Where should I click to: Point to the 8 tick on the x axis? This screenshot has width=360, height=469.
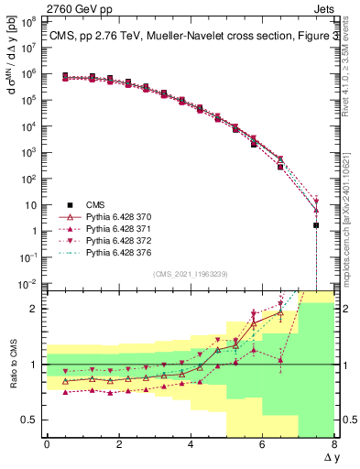point(334,443)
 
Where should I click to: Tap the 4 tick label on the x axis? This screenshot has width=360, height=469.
point(191,443)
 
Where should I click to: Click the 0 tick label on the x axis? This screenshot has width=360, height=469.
point(47,443)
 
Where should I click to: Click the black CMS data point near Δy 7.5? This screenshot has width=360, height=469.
point(316,224)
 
